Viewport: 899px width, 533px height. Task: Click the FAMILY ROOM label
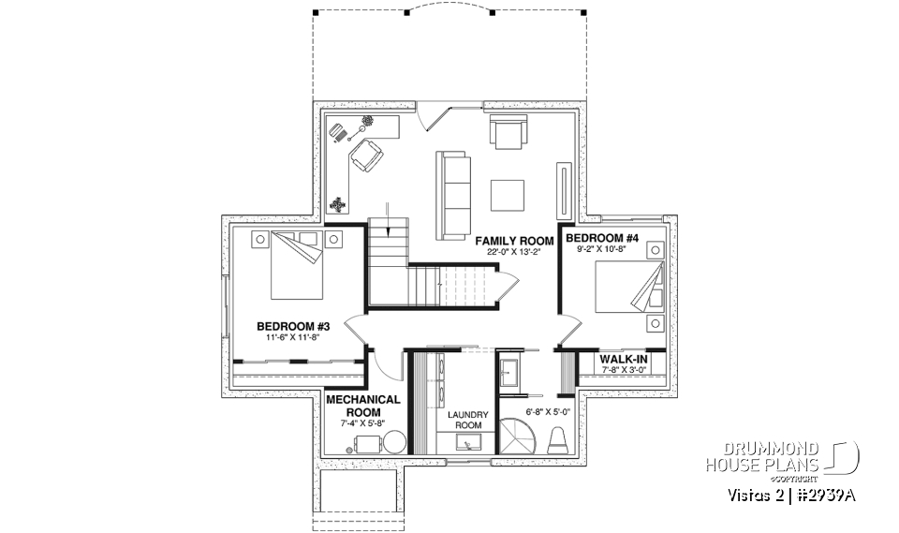point(514,241)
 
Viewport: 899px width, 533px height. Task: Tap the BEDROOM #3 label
point(290,326)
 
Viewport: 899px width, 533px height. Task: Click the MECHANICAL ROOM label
point(363,405)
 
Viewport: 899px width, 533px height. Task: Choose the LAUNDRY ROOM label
point(464,419)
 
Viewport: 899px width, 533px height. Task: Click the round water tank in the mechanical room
point(394,442)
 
